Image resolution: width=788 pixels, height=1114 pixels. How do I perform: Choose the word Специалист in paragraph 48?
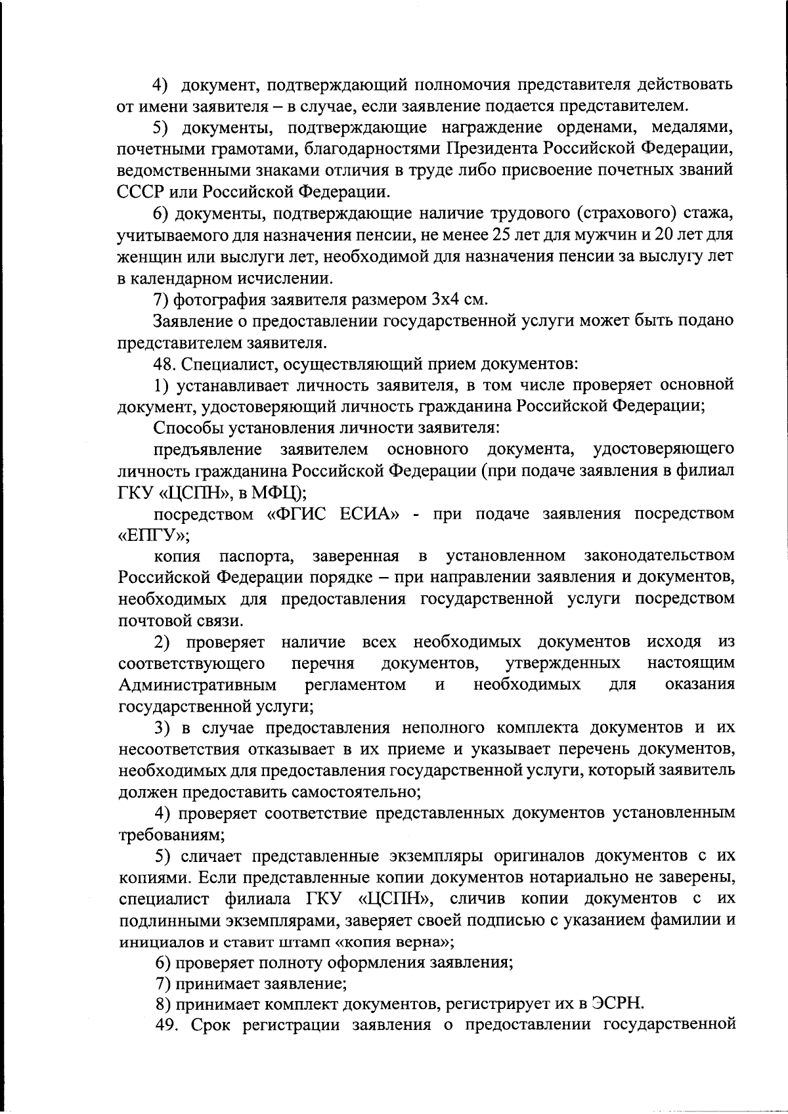(220, 363)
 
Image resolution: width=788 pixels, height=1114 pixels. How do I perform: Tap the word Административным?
(197, 685)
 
